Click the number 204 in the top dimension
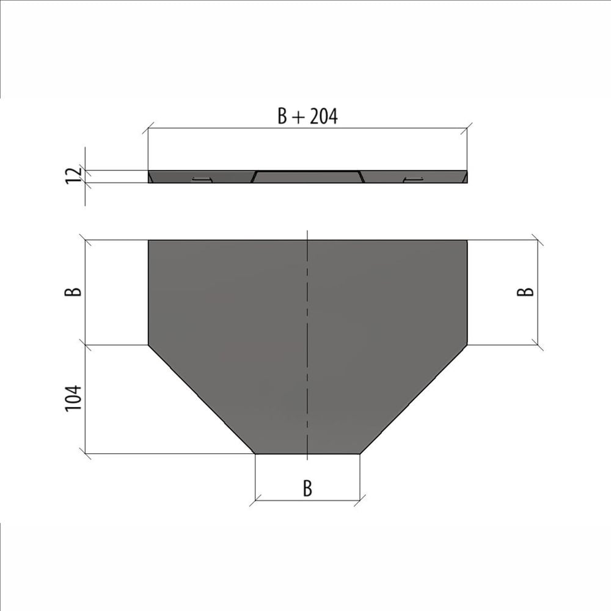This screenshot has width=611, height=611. click(323, 116)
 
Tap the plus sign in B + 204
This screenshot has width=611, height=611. click(298, 117)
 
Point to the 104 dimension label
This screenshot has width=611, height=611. click(73, 398)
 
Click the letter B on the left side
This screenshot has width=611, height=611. click(73, 291)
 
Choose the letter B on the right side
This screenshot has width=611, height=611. click(525, 291)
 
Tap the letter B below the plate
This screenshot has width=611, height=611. click(307, 488)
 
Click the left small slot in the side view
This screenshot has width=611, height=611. click(202, 179)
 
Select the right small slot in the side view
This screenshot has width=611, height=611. click(413, 179)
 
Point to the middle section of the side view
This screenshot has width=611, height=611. click(307, 177)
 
